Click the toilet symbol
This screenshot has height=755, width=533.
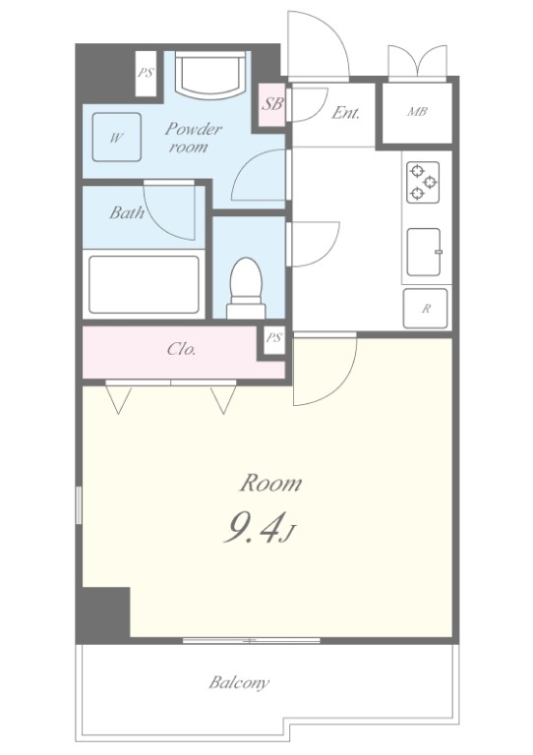(x=246, y=288)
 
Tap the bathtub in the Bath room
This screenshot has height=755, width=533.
(x=144, y=284)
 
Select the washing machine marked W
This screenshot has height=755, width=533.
(x=116, y=138)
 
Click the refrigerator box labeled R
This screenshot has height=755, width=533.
(x=425, y=309)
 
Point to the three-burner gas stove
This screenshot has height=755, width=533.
(x=423, y=182)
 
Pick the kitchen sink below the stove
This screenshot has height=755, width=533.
(x=424, y=252)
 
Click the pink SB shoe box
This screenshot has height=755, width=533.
(x=272, y=105)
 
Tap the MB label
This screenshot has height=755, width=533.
(x=417, y=112)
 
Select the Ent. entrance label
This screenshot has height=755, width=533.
(x=346, y=113)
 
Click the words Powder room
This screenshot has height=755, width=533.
(x=193, y=138)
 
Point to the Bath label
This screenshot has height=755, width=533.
(x=127, y=212)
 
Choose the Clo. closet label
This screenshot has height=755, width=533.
(x=182, y=349)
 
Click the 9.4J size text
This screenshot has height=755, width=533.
(x=260, y=528)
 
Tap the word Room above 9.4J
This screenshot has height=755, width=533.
(x=270, y=483)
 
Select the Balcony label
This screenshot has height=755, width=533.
(x=239, y=683)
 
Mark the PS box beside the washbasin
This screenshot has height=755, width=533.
(x=146, y=74)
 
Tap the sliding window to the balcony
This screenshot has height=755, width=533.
(x=252, y=640)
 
